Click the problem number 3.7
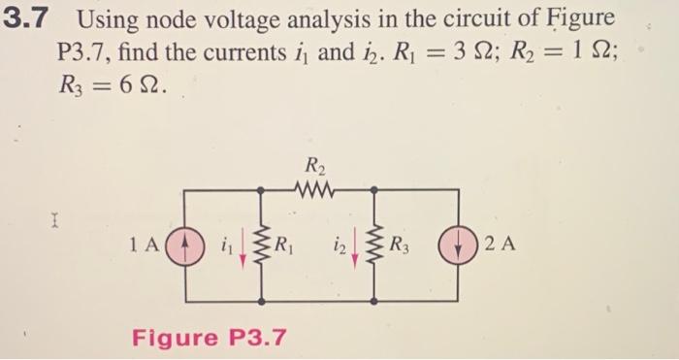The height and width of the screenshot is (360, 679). tap(30, 19)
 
